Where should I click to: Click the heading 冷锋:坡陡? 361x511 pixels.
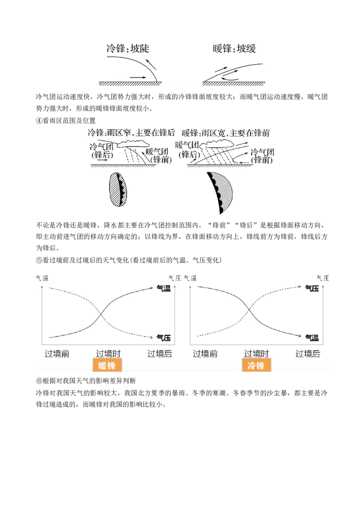pos(128,49)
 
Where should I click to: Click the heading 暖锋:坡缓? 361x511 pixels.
pos(234,49)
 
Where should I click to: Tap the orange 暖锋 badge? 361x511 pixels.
pos(107,365)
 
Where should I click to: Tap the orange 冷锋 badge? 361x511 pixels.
pos(256,365)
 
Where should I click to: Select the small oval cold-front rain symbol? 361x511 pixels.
pos(118,189)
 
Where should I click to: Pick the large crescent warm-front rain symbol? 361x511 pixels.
pos(220,193)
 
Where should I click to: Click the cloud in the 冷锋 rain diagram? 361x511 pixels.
pos(131,144)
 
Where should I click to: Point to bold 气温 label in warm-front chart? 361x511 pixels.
pos(163,288)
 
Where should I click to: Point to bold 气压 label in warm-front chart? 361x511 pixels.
pos(163,338)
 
